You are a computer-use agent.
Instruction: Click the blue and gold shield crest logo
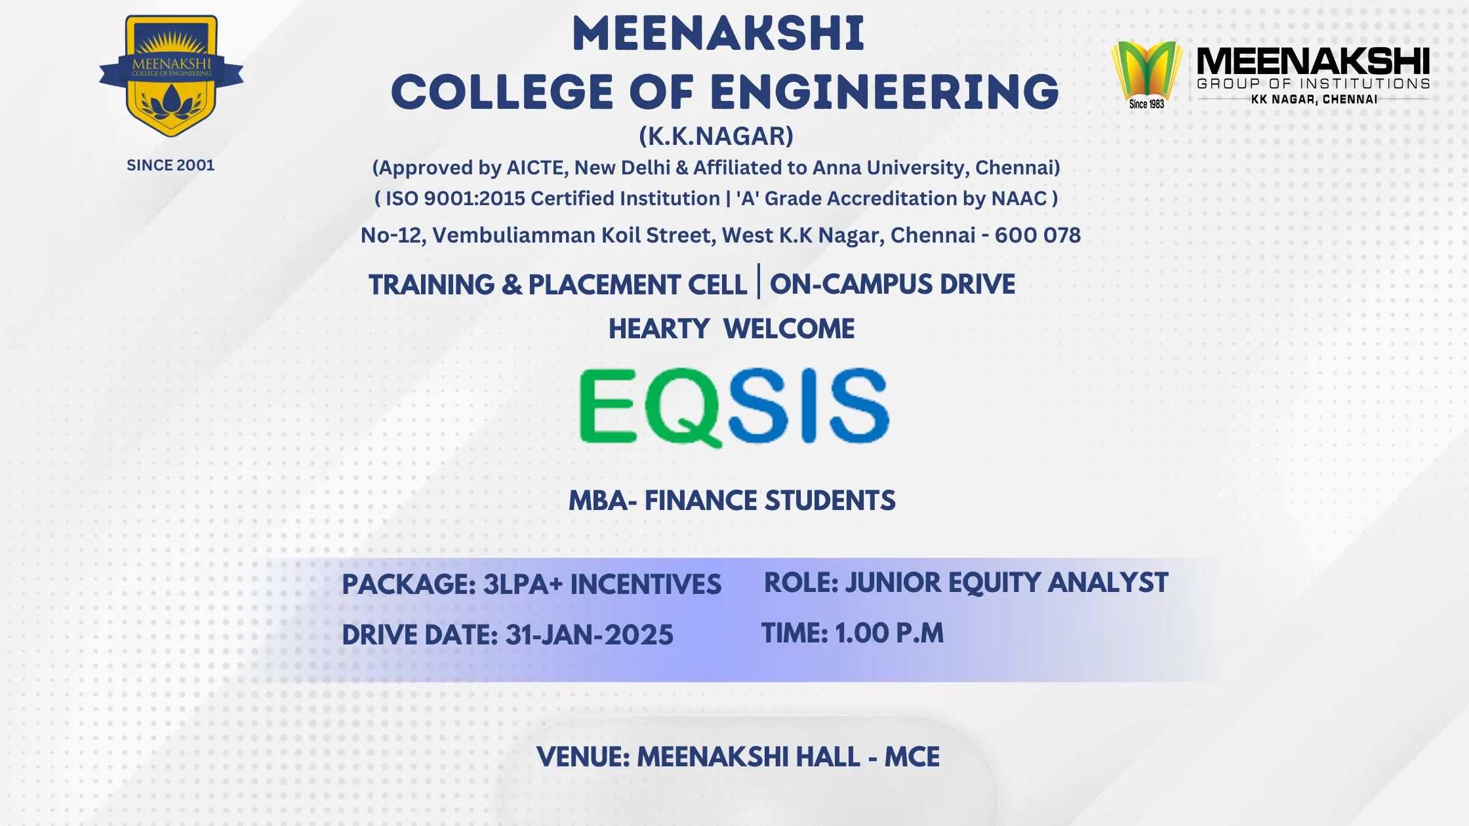pyautogui.click(x=171, y=76)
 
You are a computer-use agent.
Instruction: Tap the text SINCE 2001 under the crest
pyautogui.click(x=171, y=165)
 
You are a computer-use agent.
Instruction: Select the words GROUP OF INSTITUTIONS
pyautogui.click(x=1313, y=84)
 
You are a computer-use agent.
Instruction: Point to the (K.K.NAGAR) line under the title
pyautogui.click(x=716, y=136)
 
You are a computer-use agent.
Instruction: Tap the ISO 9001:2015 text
pyautogui.click(x=454, y=199)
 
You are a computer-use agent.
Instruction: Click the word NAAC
pyautogui.click(x=1019, y=199)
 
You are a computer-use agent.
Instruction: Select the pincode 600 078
pyautogui.click(x=1037, y=235)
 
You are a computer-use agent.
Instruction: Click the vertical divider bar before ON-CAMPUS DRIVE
pyautogui.click(x=759, y=281)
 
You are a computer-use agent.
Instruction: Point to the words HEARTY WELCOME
pyautogui.click(x=731, y=328)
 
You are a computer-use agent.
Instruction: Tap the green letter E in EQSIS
pyautogui.click(x=608, y=405)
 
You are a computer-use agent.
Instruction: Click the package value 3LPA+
pyautogui.click(x=523, y=584)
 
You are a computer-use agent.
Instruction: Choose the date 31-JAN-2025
pyautogui.click(x=590, y=635)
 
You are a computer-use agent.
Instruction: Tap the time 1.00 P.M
pyautogui.click(x=889, y=633)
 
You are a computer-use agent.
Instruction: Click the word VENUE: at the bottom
pyautogui.click(x=583, y=757)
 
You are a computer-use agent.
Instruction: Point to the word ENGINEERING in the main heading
pyautogui.click(x=885, y=92)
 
